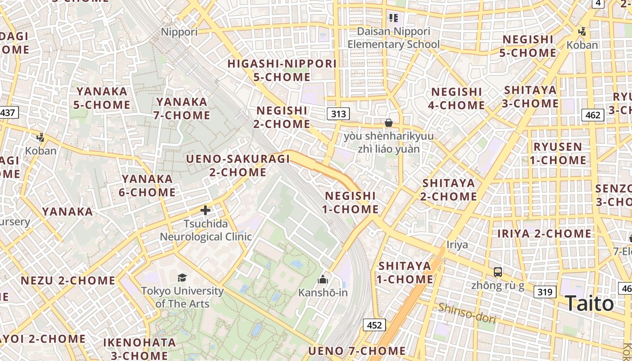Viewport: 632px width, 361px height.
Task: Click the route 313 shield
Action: [338, 113]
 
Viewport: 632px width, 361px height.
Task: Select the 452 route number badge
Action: [374, 325]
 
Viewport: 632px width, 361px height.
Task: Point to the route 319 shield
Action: [544, 292]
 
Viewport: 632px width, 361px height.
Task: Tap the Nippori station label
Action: [179, 32]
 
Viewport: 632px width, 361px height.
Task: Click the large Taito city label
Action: [589, 303]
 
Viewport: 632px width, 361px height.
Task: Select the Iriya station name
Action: [457, 245]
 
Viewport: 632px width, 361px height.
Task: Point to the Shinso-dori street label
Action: [467, 313]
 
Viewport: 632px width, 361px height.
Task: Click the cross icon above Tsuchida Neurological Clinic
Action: [205, 210]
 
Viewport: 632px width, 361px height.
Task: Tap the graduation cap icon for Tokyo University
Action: [182, 278]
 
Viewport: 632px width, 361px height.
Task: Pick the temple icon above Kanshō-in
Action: [322, 279]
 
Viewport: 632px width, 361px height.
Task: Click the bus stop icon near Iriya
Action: [498, 272]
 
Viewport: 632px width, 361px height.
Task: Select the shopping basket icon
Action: [388, 123]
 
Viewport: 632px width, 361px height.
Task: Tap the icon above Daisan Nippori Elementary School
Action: [393, 18]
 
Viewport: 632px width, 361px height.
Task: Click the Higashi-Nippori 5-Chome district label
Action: [282, 70]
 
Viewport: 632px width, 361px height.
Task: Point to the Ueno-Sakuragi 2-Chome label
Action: [238, 165]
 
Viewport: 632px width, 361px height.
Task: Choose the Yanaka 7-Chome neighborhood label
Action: [182, 108]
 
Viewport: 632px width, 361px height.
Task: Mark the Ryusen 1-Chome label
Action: [558, 153]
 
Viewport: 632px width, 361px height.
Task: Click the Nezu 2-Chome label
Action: [68, 280]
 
